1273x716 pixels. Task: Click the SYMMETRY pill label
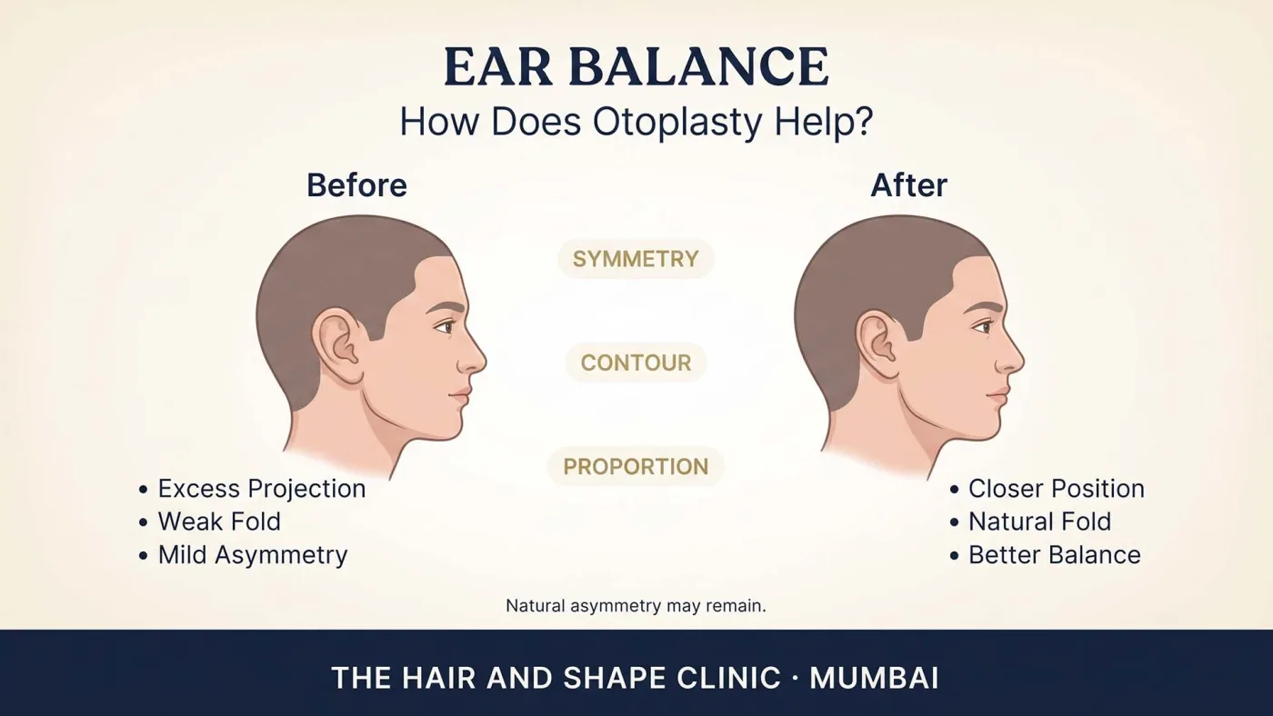click(x=636, y=259)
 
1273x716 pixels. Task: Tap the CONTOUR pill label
click(x=636, y=363)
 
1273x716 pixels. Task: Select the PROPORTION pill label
click(x=636, y=467)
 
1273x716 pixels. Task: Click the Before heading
click(x=356, y=185)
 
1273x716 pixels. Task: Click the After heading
click(x=908, y=185)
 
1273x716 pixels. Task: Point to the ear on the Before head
click(x=338, y=346)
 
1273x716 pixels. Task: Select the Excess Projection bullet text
click(x=262, y=489)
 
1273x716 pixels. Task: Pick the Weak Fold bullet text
click(x=219, y=522)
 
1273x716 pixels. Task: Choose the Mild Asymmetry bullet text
click(x=253, y=555)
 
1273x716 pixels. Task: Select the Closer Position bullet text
click(x=1057, y=489)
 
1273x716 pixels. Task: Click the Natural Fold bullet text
click(x=1040, y=522)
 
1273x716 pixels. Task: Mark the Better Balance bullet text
click(x=1055, y=555)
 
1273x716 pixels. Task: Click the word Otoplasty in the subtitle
click(x=677, y=122)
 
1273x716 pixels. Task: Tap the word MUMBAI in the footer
click(x=874, y=678)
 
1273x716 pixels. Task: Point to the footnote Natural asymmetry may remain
click(x=636, y=606)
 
